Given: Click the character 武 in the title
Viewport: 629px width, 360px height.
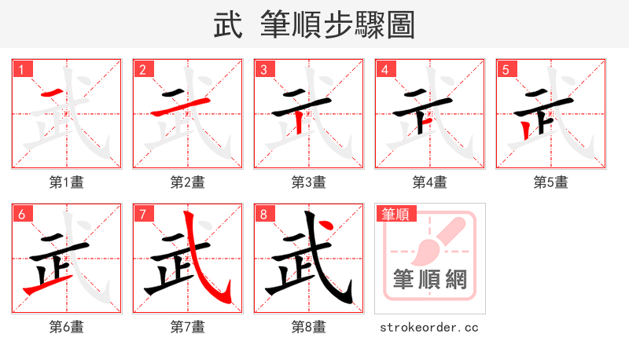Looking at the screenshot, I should (227, 25).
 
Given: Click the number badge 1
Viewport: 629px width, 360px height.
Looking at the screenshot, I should (21, 69).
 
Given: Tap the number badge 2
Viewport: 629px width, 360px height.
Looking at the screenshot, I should (142, 69).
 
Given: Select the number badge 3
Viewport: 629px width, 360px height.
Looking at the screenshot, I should (263, 69).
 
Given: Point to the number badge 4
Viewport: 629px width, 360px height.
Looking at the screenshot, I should (384, 69).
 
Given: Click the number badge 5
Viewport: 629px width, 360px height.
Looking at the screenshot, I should (506, 69).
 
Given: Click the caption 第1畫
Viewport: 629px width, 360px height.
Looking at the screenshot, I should (67, 182).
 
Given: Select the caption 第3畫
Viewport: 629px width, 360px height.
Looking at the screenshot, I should (309, 182).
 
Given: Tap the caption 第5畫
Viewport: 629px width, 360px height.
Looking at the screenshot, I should (551, 182).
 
